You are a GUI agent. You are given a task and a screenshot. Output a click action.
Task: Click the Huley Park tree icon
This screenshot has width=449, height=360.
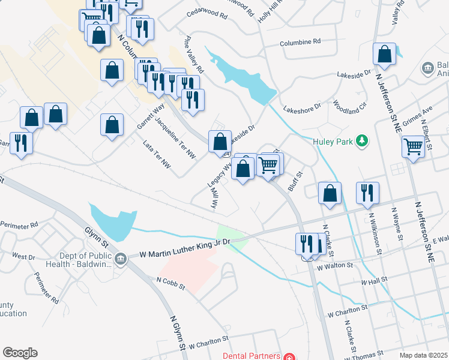point(361,141)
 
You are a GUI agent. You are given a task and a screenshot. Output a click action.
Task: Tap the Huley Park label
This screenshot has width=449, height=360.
point(334,142)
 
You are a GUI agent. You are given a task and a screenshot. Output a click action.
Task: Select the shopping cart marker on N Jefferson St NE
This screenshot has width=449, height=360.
point(413,146)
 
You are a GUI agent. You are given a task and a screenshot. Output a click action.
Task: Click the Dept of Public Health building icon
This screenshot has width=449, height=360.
point(121,258)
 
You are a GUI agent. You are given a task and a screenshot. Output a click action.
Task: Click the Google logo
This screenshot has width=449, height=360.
point(20,353)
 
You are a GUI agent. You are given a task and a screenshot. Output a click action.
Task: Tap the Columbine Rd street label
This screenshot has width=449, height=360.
point(301,42)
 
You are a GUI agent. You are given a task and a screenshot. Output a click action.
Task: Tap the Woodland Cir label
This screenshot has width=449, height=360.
point(349,107)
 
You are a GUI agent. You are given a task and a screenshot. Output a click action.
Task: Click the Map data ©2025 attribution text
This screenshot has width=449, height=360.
point(423,355)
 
